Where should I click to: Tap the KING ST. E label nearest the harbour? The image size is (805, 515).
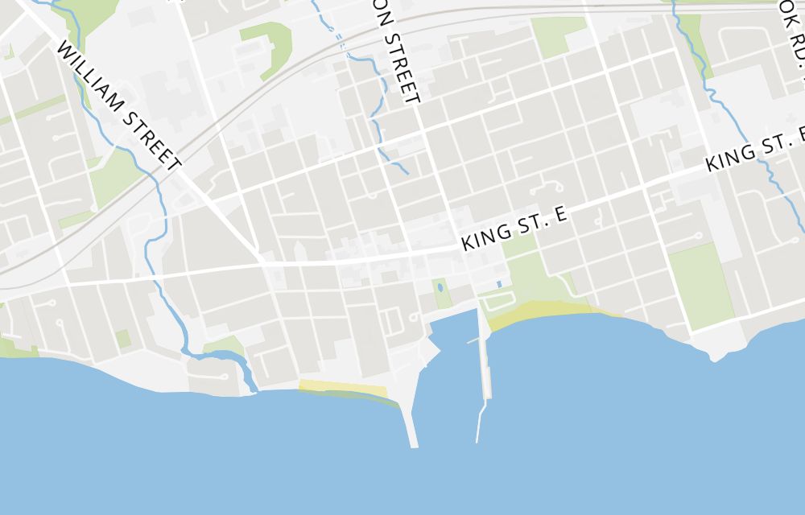515,228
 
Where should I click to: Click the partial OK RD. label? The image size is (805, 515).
793,40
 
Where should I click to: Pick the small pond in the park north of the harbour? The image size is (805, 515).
440,287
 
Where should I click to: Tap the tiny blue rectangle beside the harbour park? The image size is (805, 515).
499,284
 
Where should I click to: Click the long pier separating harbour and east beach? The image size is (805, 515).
485,354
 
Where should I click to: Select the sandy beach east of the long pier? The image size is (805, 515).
547,315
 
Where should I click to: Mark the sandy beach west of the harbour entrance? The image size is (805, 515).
342,389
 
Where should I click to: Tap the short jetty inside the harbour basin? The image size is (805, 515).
474,340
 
